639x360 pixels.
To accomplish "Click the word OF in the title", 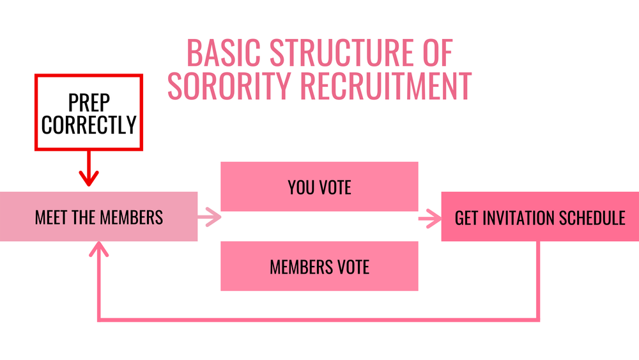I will click(x=437, y=54).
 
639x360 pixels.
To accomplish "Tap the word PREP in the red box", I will click(x=89, y=102).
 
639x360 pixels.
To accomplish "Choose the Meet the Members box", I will click(x=98, y=217).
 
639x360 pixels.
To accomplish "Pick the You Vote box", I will click(x=319, y=187).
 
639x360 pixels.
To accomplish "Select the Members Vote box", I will click(x=319, y=266).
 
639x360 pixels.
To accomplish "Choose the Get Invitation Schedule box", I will click(x=540, y=217).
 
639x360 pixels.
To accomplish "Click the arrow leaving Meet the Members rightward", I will click(x=210, y=217).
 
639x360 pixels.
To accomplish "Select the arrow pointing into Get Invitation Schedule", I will click(x=430, y=219).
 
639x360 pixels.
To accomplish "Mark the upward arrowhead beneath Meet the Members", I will click(x=98, y=250).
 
